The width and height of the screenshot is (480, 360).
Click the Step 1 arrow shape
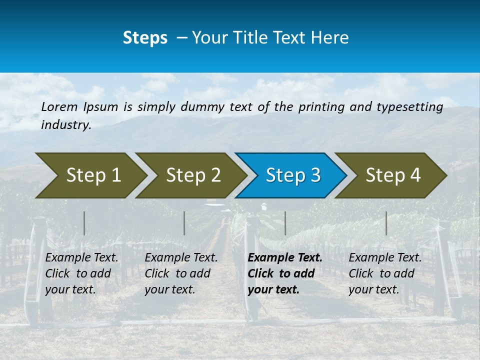(x=90, y=175)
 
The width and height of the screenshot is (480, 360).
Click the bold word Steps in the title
(x=145, y=37)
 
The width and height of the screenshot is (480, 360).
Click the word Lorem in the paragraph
(x=59, y=106)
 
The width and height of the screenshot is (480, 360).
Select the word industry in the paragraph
(x=65, y=125)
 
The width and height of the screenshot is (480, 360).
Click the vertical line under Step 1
(x=84, y=223)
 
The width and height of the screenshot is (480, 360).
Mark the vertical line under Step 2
(x=184, y=223)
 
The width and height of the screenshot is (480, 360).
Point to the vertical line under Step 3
(x=285, y=223)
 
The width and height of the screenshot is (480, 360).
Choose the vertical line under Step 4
(x=386, y=223)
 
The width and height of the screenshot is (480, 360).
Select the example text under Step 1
(x=81, y=273)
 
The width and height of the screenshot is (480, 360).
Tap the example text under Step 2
(x=181, y=273)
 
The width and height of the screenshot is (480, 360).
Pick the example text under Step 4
(x=385, y=273)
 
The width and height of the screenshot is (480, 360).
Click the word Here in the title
(x=328, y=37)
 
